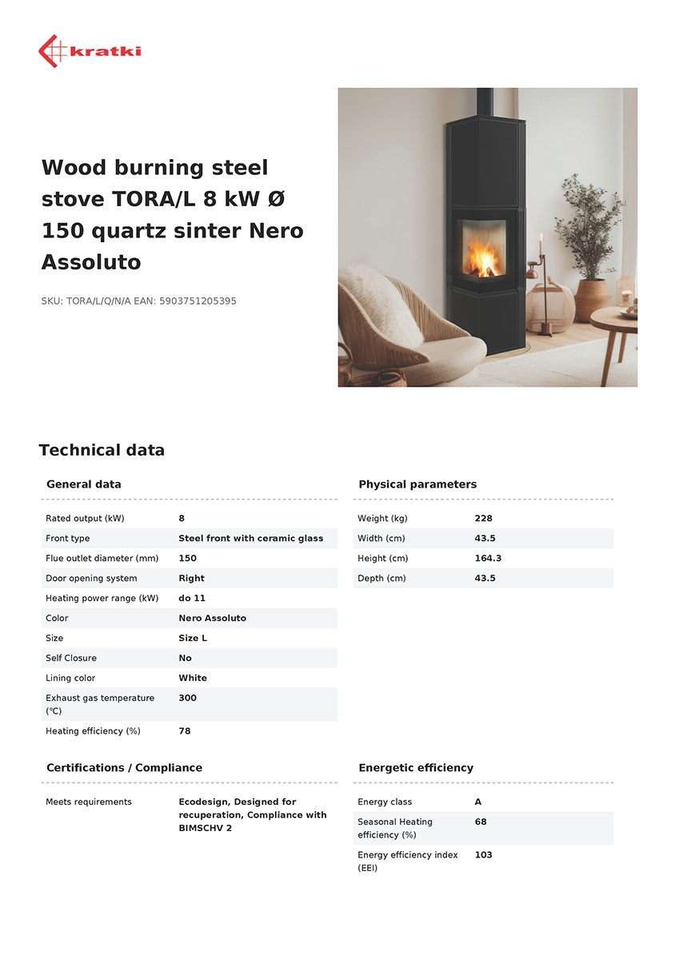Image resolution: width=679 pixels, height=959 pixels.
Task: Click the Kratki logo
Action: tap(90, 51)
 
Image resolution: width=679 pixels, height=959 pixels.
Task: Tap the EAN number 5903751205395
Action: tap(198, 301)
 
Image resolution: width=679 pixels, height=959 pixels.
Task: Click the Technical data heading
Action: tap(102, 450)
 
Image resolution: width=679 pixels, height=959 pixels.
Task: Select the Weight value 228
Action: tap(483, 519)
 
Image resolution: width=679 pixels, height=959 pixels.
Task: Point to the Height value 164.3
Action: tap(488, 559)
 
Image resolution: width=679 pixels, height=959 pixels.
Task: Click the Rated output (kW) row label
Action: tap(85, 519)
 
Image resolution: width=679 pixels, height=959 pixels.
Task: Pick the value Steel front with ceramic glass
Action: tap(250, 539)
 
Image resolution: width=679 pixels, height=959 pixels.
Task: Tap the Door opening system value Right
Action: tap(191, 579)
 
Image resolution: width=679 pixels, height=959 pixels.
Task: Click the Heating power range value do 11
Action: tap(192, 599)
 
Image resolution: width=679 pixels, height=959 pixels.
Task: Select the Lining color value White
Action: tap(192, 678)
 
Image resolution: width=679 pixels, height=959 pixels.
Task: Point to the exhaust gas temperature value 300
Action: tap(187, 698)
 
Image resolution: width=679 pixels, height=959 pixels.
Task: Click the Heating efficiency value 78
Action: tap(184, 731)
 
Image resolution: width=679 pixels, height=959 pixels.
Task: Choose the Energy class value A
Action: tap(478, 802)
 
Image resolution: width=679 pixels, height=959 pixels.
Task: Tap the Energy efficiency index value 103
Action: tap(483, 855)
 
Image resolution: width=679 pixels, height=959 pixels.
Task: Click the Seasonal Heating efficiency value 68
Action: tap(480, 822)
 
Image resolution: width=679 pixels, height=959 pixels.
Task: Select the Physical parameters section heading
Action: tap(417, 484)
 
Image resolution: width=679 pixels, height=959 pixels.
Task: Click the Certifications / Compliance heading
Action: tap(124, 768)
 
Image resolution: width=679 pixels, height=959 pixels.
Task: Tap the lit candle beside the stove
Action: tap(541, 244)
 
